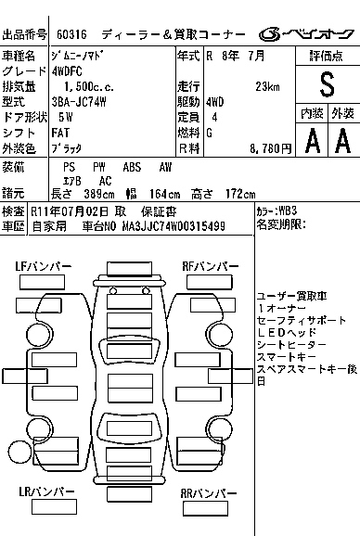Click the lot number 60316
pos(71,34)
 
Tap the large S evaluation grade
pos(327,84)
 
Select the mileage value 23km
pos(267,86)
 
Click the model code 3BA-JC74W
pos(79,102)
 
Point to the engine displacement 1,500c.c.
pos(89,86)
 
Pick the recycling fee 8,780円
pos(270,148)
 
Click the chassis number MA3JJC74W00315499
pos(174,226)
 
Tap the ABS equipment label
pos(132,167)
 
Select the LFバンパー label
pos(44,266)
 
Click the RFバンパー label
pos(211,266)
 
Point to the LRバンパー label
pos(46,491)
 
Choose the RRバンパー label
pos(209,493)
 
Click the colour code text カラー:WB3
pos(276,211)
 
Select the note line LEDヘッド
pos(287,332)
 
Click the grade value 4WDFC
pos(67,71)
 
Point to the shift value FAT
pos(60,133)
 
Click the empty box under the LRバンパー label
pos(54,506)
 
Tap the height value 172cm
pos(240,194)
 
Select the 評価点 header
pos(327,56)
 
